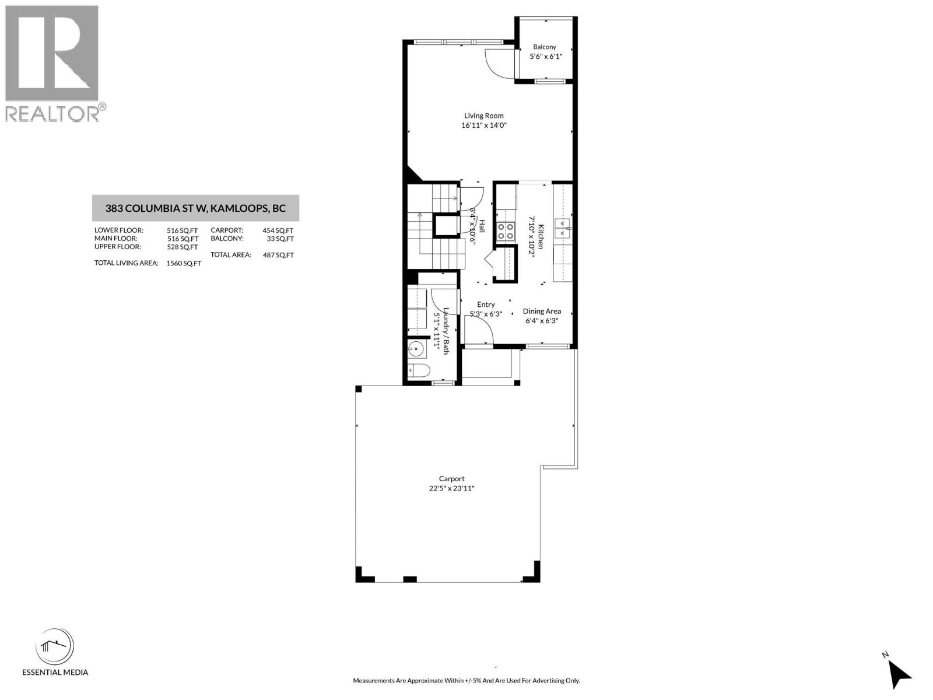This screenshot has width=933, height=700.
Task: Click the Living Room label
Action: (x=483, y=116)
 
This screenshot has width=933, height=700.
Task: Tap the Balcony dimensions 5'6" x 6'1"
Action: (x=545, y=57)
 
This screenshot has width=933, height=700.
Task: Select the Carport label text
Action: (x=451, y=479)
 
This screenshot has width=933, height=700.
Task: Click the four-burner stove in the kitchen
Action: (x=506, y=232)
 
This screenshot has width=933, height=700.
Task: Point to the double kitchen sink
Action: (x=562, y=228)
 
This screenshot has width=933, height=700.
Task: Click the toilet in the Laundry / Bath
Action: (x=419, y=370)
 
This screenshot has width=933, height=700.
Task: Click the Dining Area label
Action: (x=542, y=311)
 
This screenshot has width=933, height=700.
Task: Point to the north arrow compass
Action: (x=900, y=674)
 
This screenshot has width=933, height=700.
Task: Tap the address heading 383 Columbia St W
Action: (x=195, y=208)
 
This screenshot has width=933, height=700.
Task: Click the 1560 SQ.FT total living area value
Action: (x=184, y=263)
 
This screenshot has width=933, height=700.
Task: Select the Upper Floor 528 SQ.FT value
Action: (x=182, y=247)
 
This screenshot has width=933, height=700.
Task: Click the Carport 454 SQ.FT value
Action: (x=278, y=230)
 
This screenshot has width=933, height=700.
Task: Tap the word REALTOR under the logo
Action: (x=52, y=114)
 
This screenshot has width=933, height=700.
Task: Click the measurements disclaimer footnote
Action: (x=466, y=681)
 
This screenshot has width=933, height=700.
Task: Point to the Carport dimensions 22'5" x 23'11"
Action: (x=451, y=489)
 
